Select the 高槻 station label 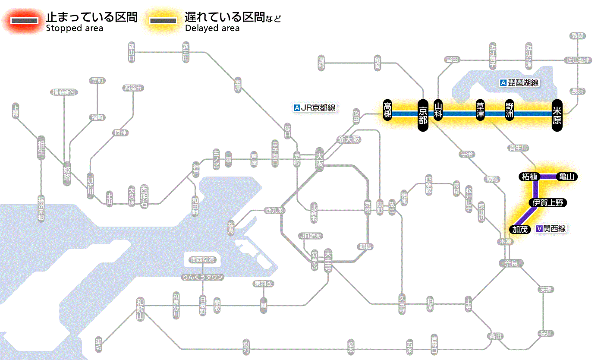click(388, 111)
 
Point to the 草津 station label click(480, 111)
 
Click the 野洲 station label click(510, 111)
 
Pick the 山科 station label click(438, 111)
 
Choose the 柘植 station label click(529, 177)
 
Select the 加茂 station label click(520, 229)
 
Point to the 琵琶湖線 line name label click(519, 83)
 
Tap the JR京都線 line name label click(315, 108)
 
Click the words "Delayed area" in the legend click(212, 28)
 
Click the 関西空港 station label click(203, 260)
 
